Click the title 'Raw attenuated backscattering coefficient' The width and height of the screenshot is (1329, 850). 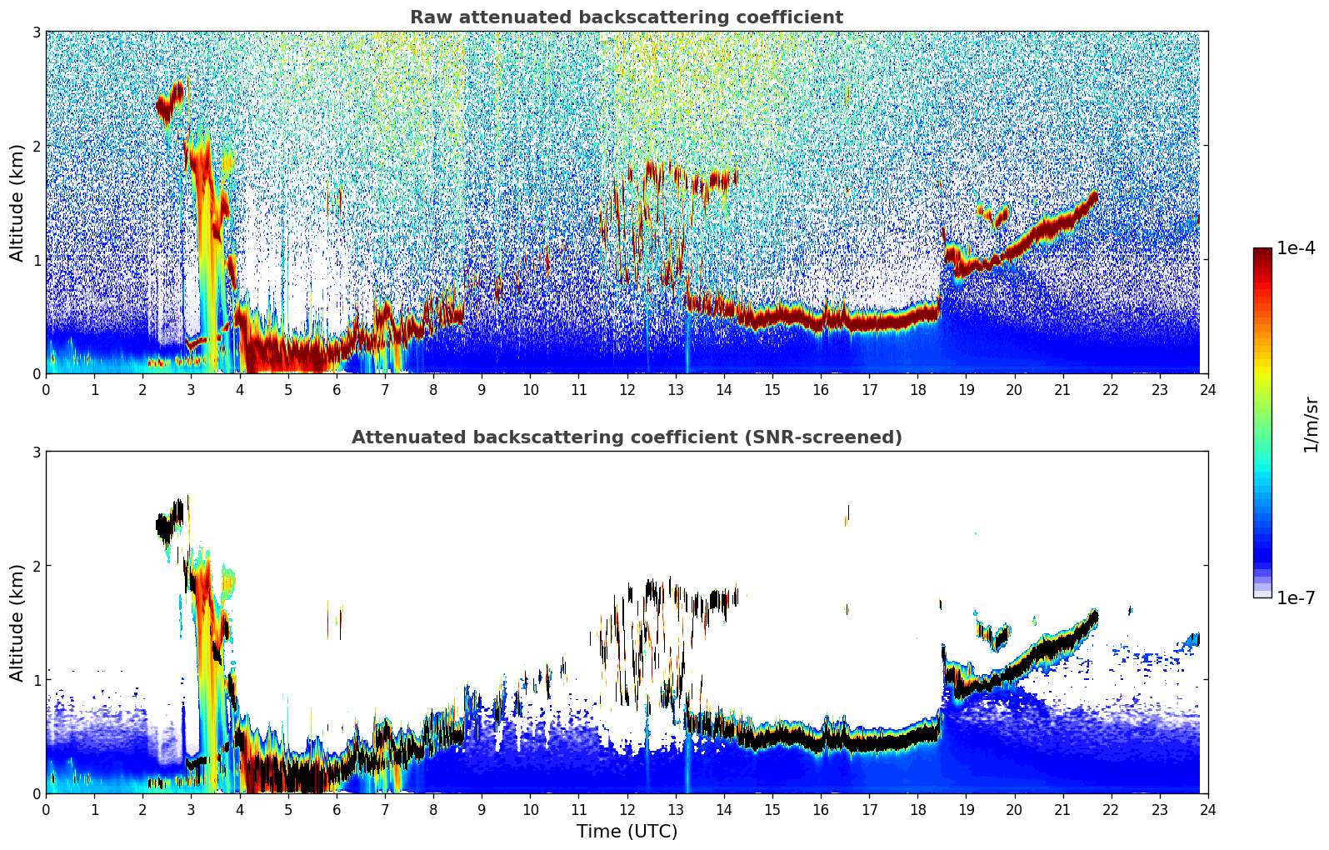pyautogui.click(x=626, y=17)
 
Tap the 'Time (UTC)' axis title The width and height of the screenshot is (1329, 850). pyautogui.click(x=627, y=831)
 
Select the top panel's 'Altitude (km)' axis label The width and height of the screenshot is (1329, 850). pyautogui.click(x=17, y=202)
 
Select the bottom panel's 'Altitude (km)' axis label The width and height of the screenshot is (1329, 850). pyautogui.click(x=17, y=622)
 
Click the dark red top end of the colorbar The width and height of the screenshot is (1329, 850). pyautogui.click(x=1262, y=252)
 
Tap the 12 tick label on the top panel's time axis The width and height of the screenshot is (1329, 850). pyautogui.click(x=627, y=389)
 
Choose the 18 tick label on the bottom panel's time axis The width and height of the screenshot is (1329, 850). pyautogui.click(x=917, y=809)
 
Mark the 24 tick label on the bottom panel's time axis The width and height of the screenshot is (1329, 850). pyautogui.click(x=1207, y=809)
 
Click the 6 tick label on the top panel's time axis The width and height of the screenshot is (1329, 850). pyautogui.click(x=337, y=389)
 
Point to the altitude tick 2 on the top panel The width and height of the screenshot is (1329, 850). pyautogui.click(x=36, y=146)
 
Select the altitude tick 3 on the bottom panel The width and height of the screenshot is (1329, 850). pyautogui.click(x=36, y=452)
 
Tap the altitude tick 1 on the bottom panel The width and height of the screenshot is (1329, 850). pyautogui.click(x=36, y=680)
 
